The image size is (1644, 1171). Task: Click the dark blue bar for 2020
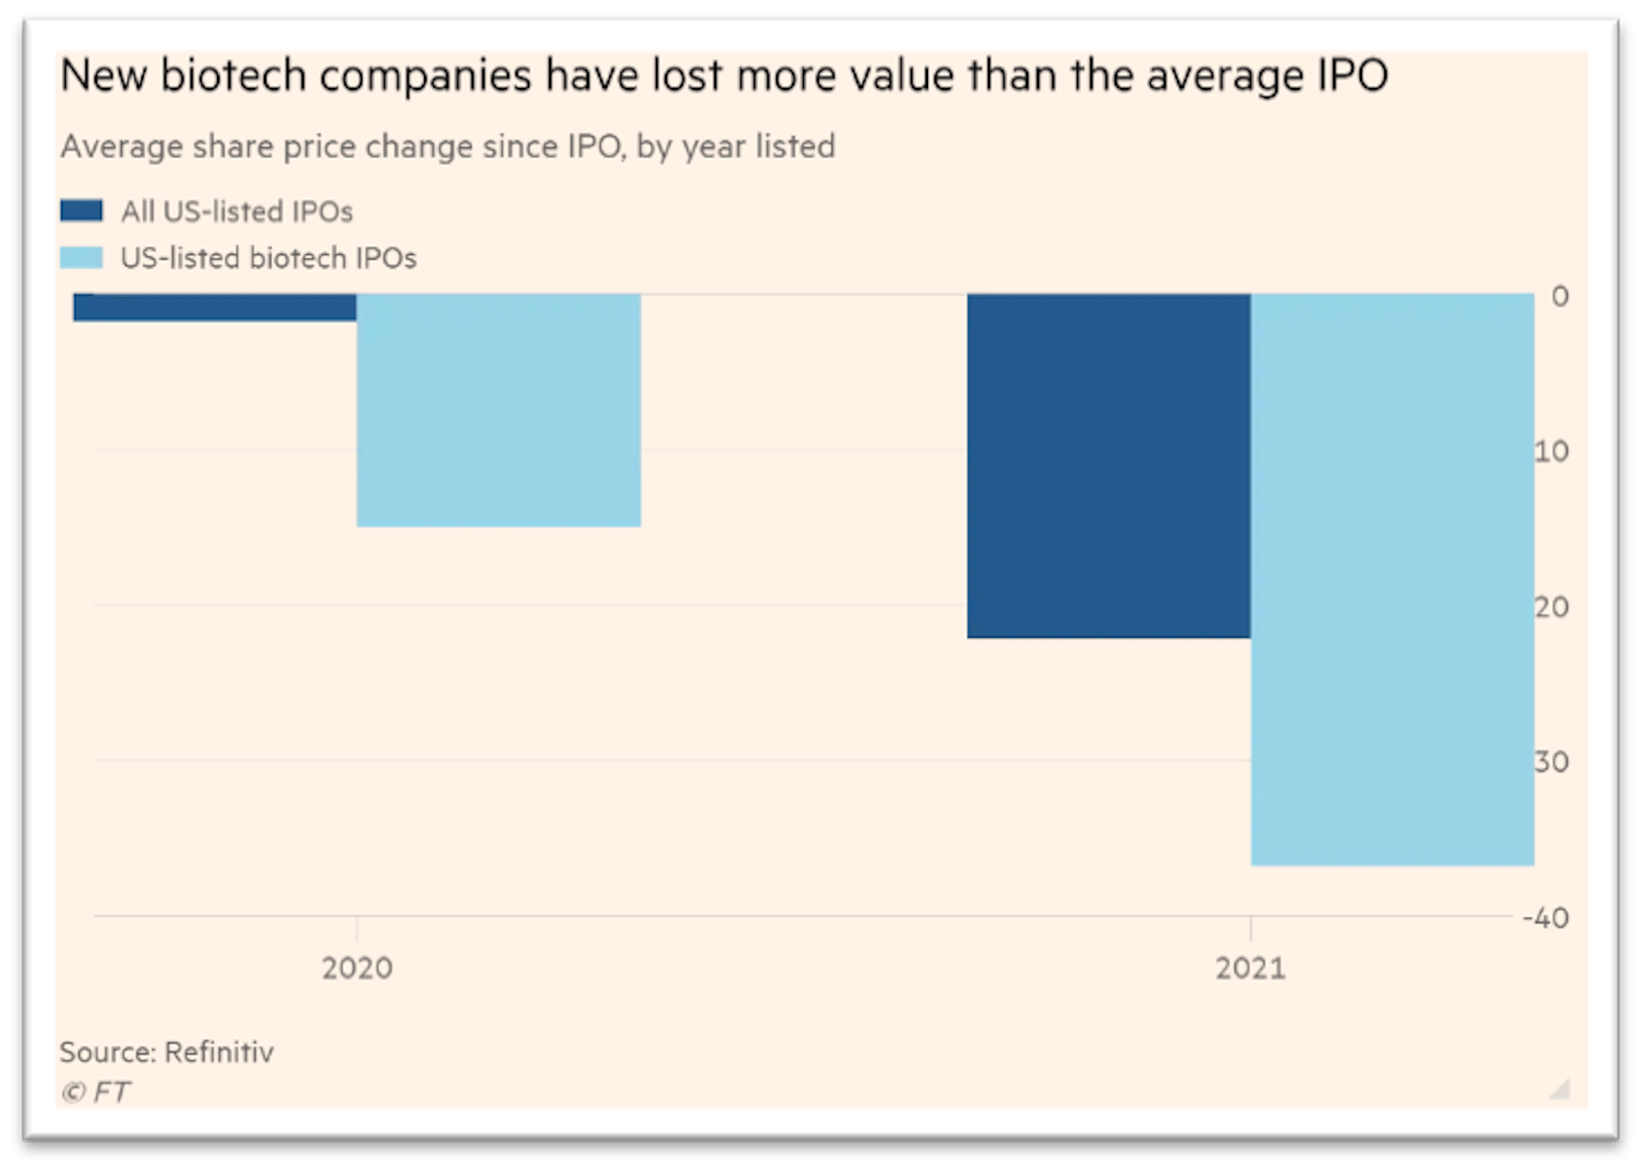[x=215, y=307]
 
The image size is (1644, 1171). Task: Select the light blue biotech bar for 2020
[x=498, y=410]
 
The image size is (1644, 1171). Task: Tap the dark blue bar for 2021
[x=1108, y=465]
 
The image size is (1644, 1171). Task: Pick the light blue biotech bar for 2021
[x=1392, y=579]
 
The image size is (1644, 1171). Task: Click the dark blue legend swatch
[x=81, y=211]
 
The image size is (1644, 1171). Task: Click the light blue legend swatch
[x=81, y=258]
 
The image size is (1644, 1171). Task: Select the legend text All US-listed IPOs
[x=237, y=212]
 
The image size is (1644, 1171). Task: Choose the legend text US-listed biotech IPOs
[x=269, y=258]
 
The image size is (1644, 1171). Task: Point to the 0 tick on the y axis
[x=1559, y=296]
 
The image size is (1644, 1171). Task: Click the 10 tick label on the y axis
[x=1552, y=451]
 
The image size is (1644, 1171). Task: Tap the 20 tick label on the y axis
[x=1552, y=607]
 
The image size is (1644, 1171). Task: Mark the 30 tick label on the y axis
[x=1552, y=762]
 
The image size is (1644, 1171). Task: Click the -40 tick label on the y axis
[x=1545, y=918]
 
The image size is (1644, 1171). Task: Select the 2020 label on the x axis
[x=357, y=968]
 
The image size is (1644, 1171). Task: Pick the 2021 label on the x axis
[x=1250, y=968]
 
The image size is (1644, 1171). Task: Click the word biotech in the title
[x=233, y=76]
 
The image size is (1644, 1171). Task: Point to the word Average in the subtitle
[x=122, y=147]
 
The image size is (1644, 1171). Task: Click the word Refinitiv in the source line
[x=219, y=1052]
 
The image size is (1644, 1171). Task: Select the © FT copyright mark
[x=95, y=1092]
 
